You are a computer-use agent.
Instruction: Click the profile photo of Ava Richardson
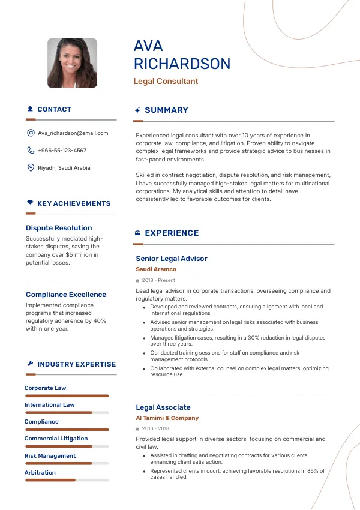click(72, 63)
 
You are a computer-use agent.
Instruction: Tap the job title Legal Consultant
click(166, 82)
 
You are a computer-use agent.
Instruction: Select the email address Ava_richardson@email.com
click(73, 133)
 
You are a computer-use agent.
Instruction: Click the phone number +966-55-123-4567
click(62, 151)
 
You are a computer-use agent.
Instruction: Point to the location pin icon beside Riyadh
click(31, 168)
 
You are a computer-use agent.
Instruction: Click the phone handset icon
click(31, 151)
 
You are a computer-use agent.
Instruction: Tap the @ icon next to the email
click(31, 133)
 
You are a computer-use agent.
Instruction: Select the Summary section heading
click(166, 110)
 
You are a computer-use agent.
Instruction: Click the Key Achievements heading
click(74, 204)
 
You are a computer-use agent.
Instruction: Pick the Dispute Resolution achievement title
click(59, 228)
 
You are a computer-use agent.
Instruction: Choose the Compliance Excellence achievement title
click(66, 295)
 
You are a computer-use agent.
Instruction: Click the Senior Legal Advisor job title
click(172, 259)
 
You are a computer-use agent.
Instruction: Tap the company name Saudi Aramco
click(156, 269)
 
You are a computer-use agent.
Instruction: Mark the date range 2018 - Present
click(158, 280)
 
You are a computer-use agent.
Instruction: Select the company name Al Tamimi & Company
click(167, 418)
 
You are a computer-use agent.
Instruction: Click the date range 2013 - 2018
click(155, 429)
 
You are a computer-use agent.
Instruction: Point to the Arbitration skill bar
click(67, 480)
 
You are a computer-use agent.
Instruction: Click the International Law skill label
click(49, 405)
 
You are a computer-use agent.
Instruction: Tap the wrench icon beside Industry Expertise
click(30, 364)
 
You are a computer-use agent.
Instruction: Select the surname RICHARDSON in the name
click(182, 64)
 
